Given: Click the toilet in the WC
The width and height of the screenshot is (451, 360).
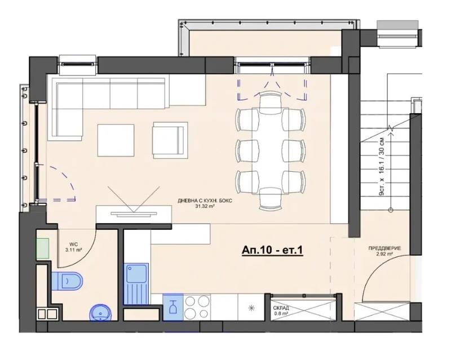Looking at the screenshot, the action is click(67, 281).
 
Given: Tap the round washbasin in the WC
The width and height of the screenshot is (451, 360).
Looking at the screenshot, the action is click(101, 313).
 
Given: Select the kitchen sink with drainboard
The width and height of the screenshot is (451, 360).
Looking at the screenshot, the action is click(136, 283).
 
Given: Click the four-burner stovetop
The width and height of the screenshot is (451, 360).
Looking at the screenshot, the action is click(197, 307).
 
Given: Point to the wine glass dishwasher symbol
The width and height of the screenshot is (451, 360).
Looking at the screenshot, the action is click(173, 307).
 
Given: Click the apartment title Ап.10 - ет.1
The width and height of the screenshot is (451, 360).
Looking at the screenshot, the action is click(272, 250).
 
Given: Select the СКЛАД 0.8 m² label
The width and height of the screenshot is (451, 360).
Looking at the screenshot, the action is click(281, 311).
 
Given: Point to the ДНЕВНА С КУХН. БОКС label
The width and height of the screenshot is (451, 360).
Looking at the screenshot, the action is click(205, 203).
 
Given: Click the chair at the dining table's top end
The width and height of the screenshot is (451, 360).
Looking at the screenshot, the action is click(270, 103).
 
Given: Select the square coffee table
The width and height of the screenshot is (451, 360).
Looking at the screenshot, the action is click(116, 140).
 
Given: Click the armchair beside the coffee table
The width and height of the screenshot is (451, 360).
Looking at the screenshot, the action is click(170, 140).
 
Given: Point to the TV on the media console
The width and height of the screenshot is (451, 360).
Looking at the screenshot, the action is click(134, 214).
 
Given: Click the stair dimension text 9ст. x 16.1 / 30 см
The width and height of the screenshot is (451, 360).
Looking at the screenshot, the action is click(382, 167).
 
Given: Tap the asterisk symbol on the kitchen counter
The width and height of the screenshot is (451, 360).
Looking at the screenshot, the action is click(251, 308).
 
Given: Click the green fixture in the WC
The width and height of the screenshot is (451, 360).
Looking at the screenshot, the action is click(43, 248).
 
